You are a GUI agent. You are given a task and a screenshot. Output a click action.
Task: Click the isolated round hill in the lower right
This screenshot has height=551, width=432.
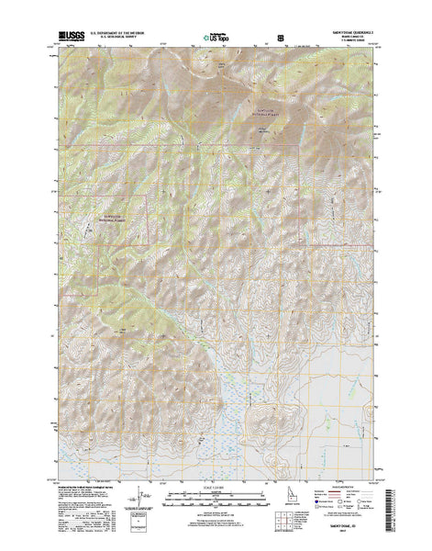coord(277,394)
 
